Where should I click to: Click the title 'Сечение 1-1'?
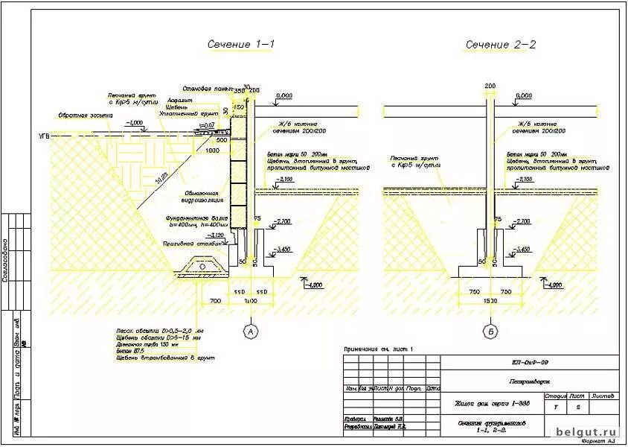[240, 45]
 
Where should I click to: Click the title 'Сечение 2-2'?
[501, 45]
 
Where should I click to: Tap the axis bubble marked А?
[250, 330]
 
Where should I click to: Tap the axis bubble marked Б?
[490, 330]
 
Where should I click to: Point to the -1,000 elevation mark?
[135, 122]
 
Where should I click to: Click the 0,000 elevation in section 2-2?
[525, 96]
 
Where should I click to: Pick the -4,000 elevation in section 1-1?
[315, 284]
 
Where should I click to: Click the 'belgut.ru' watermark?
[588, 431]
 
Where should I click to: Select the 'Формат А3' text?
[600, 441]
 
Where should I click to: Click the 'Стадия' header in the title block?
[556, 396]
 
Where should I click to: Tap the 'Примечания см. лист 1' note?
[377, 349]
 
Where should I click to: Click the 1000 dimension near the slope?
[213, 150]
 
